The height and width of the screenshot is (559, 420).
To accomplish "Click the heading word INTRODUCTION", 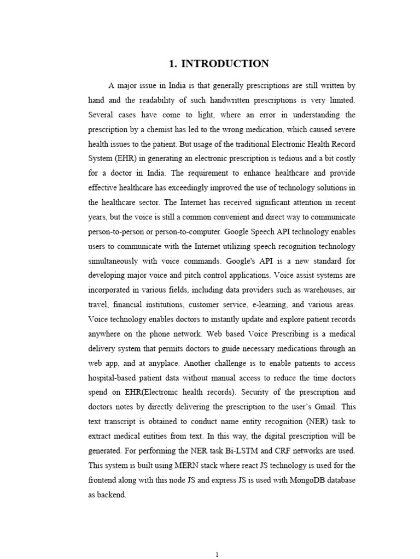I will click(225, 64).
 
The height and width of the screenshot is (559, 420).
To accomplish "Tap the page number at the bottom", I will click(217, 554).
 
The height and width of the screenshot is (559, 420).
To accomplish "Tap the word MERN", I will click(176, 465).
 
